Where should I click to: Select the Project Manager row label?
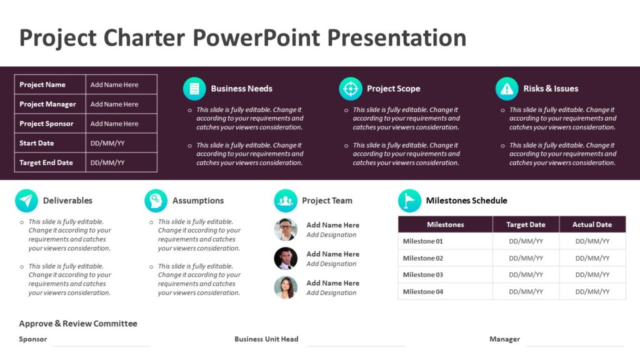pos(47,104)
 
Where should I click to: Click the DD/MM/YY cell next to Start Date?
pos(107,143)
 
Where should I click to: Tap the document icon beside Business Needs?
pos(194,89)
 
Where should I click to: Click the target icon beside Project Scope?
pos(351,89)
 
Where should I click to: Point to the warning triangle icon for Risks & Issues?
pos(507,89)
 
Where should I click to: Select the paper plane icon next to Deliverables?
pos(26,201)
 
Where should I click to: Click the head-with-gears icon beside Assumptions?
pos(156,201)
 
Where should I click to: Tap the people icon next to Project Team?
pos(286,201)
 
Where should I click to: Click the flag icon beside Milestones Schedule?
pos(409,201)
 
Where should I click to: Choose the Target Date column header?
pos(526,224)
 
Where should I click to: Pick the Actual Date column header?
pos(592,224)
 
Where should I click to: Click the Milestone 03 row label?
pos(423,275)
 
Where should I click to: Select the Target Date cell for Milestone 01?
pos(526,241)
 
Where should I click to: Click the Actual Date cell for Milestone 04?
pos(592,292)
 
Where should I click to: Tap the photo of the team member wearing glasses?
pos(286,229)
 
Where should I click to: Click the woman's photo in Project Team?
pos(286,287)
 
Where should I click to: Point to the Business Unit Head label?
pos(266,339)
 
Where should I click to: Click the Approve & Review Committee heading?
pos(78,324)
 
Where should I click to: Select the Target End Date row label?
pos(46,162)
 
